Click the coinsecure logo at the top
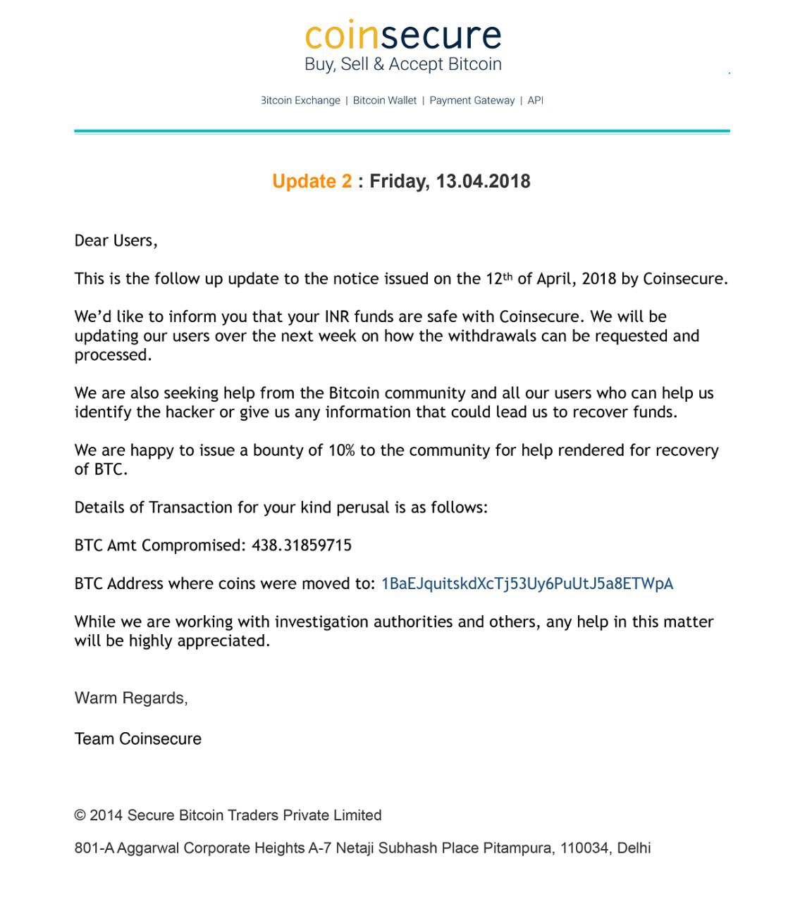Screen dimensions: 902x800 402,35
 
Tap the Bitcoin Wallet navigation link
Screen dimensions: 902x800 385,100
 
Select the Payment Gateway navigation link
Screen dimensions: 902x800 472,100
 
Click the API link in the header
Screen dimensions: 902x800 536,100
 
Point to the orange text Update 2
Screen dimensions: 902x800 312,181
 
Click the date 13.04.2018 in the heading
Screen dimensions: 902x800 483,181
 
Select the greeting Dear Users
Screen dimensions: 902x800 116,240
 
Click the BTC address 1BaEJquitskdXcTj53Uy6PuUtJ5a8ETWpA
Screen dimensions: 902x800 527,583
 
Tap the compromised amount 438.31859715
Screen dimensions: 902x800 302,545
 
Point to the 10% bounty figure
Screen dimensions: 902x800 341,450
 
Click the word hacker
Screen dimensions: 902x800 190,412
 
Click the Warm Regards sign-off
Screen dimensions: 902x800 131,698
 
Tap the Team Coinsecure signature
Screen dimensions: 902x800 138,739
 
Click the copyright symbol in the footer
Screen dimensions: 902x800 80,815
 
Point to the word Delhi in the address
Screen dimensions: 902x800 634,848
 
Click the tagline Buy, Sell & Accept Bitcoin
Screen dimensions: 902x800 402,64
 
